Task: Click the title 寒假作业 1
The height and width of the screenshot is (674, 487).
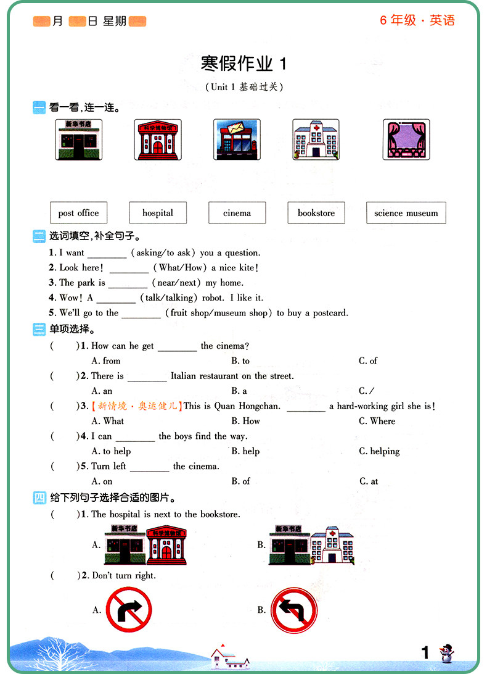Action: coord(243,64)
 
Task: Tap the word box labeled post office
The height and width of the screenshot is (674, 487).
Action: coord(78,213)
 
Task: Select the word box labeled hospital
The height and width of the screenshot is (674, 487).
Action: coord(158,213)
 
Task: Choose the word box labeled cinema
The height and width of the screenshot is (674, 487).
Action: coord(237,213)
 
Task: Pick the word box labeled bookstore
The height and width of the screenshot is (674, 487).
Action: coord(316,213)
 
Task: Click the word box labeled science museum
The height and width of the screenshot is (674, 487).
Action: coord(406,213)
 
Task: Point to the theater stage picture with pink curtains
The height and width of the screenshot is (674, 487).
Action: coord(406,139)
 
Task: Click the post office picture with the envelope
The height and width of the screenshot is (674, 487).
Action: coord(237,139)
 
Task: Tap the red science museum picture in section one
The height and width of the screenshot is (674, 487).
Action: coord(158,139)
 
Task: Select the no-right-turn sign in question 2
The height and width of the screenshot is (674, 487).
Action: coord(128,610)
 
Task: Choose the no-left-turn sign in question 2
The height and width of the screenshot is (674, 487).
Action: coord(294,610)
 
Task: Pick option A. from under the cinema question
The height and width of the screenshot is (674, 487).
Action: coord(106,360)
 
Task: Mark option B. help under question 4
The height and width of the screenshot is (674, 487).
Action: coord(245,451)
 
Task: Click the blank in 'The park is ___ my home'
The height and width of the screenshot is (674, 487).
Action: coord(128,284)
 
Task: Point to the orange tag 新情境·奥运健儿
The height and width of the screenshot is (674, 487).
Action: coord(136,406)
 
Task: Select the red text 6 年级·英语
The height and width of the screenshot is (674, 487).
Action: coord(417,20)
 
